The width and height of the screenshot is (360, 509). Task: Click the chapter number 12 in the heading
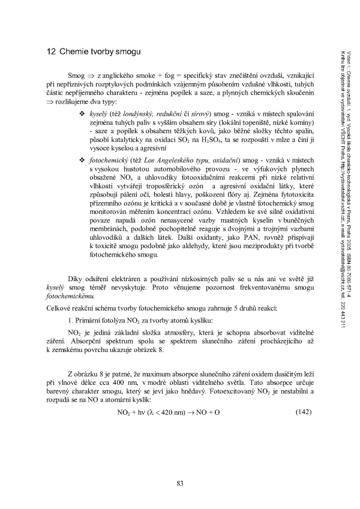coord(51,52)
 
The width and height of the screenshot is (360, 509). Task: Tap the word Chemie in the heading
coord(73,52)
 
